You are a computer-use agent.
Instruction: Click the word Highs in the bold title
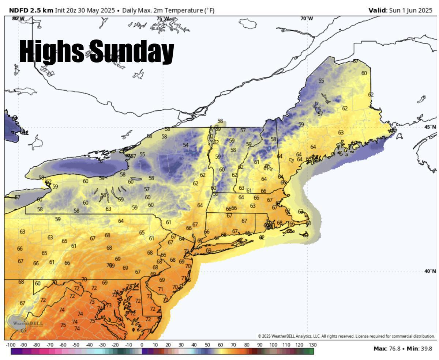coord(51,51)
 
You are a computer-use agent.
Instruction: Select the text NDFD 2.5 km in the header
coord(31,10)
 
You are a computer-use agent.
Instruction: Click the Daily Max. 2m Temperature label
coord(168,10)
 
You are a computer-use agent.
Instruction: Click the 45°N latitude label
coord(430,127)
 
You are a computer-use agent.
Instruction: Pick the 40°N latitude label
coord(430,271)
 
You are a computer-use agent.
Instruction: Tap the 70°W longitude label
coord(307,19)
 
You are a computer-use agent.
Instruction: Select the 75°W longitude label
coord(163,19)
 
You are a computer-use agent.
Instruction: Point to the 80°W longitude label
coord(18,19)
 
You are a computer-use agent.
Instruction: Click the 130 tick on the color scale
coord(312,345)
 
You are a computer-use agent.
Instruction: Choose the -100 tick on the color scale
coord(11,345)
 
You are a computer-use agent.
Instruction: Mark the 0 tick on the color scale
coord(142,345)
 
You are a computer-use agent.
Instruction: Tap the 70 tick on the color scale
coord(233,345)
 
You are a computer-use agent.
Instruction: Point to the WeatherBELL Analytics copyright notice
coord(346,336)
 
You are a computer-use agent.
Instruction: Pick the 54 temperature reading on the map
coord(186,145)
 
